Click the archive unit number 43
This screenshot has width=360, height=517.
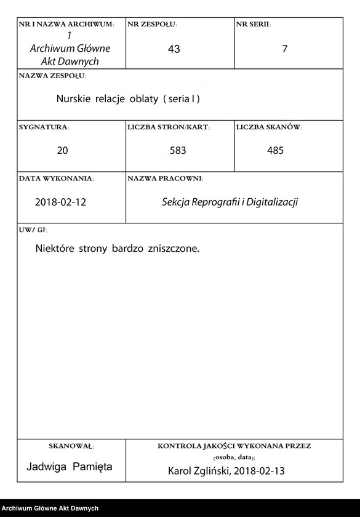click(x=174, y=49)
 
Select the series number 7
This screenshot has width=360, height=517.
click(x=284, y=49)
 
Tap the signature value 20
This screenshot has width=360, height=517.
click(x=62, y=150)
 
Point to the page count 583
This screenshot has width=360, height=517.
click(x=178, y=150)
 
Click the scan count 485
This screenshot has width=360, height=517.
click(x=275, y=150)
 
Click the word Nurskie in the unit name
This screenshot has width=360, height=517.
click(x=74, y=98)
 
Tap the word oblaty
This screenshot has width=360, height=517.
click(x=143, y=98)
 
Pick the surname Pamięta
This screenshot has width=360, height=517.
click(x=92, y=467)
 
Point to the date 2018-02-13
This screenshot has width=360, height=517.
click(x=263, y=471)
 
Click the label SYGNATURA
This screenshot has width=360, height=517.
click(x=44, y=127)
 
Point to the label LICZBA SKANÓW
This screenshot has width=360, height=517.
click(x=269, y=127)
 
